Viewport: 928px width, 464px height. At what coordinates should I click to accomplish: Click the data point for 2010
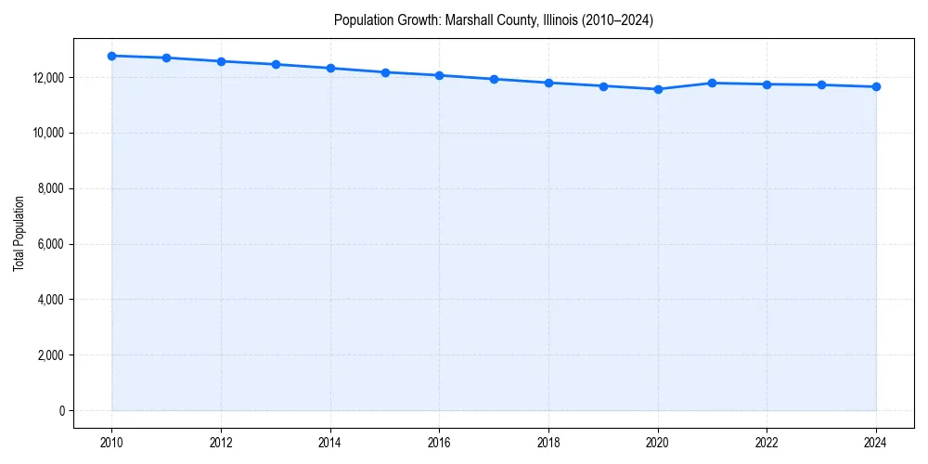point(111,56)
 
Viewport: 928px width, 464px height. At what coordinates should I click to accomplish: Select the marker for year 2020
point(658,89)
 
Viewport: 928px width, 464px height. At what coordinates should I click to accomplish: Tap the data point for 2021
point(713,83)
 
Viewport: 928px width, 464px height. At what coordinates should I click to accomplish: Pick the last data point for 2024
point(876,87)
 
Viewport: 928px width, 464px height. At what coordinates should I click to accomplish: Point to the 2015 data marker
point(385,72)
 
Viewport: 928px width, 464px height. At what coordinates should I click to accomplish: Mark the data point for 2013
point(276,64)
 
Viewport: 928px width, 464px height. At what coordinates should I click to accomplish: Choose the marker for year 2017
point(494,79)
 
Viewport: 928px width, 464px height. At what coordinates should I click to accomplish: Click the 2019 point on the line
point(603,86)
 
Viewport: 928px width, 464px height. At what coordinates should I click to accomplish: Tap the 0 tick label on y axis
point(62,411)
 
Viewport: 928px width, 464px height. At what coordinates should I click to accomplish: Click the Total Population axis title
point(19,233)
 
